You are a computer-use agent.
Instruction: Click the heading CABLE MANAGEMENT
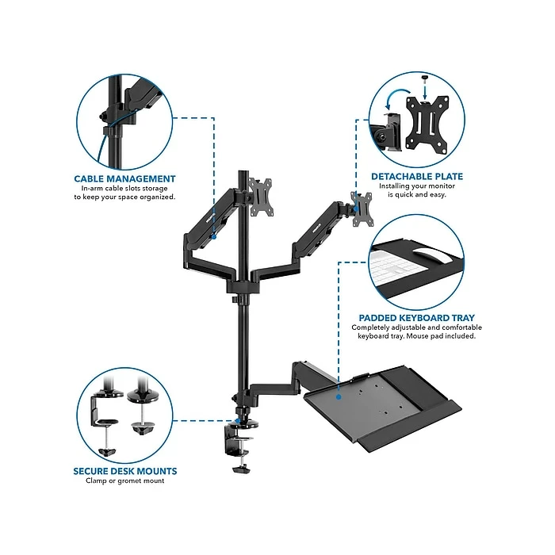click(124, 179)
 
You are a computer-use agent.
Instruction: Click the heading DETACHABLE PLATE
click(417, 176)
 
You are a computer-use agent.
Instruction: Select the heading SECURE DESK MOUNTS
click(124, 471)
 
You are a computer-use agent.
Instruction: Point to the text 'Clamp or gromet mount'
click(124, 481)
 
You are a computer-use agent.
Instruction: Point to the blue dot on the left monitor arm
click(214, 236)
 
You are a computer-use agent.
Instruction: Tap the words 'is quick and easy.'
click(418, 195)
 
